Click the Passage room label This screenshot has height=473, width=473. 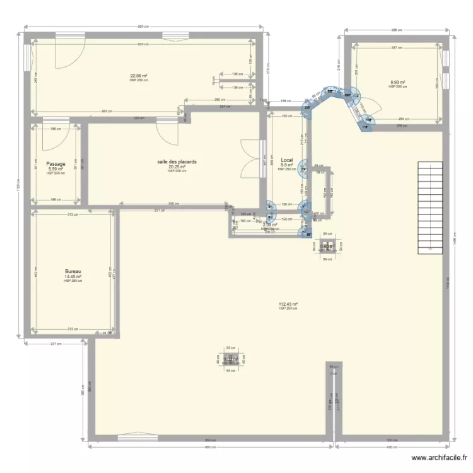pos(55,164)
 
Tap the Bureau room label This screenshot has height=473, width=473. pos(73,272)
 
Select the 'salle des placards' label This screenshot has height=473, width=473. pos(177,162)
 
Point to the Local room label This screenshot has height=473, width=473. pos(287,160)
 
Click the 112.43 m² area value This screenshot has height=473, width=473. pos(288,304)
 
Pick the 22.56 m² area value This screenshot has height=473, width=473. pos(139,76)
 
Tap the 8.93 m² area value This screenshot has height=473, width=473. pos(397,82)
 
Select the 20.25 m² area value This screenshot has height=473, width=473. pos(177,167)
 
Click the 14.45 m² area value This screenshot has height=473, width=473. pos(73,276)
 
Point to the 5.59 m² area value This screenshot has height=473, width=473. pos(55,168)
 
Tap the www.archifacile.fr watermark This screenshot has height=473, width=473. pos(440,459)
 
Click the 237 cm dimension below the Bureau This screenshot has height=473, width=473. pos(54,344)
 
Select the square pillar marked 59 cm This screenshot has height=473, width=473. pos(327,246)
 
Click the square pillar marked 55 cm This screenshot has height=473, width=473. pos(230,359)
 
